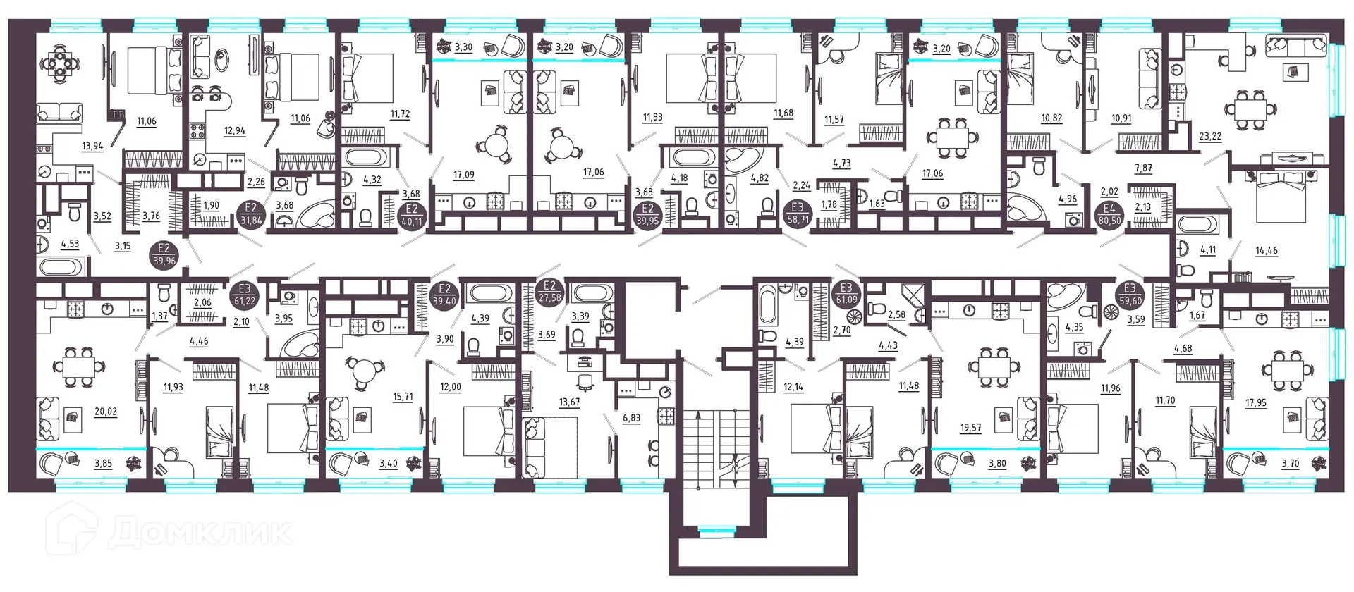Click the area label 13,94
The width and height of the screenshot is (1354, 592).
92,147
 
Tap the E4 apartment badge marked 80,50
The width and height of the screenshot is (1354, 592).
1109,214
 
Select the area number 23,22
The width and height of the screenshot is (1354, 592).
1210,137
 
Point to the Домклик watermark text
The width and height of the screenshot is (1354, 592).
200,533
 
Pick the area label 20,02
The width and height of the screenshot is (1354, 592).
106,412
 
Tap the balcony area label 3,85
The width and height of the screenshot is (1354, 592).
103,463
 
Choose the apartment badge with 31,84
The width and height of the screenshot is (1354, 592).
251,214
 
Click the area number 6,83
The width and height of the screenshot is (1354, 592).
631,418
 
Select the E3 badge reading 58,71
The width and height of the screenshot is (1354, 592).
798,214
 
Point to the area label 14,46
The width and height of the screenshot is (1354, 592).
1267,250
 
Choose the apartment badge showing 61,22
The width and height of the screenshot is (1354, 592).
245,295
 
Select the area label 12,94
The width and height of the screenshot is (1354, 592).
234,131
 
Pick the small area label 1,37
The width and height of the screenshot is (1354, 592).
160,316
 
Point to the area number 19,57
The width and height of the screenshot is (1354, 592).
970,428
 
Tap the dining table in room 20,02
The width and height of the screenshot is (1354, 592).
78,368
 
